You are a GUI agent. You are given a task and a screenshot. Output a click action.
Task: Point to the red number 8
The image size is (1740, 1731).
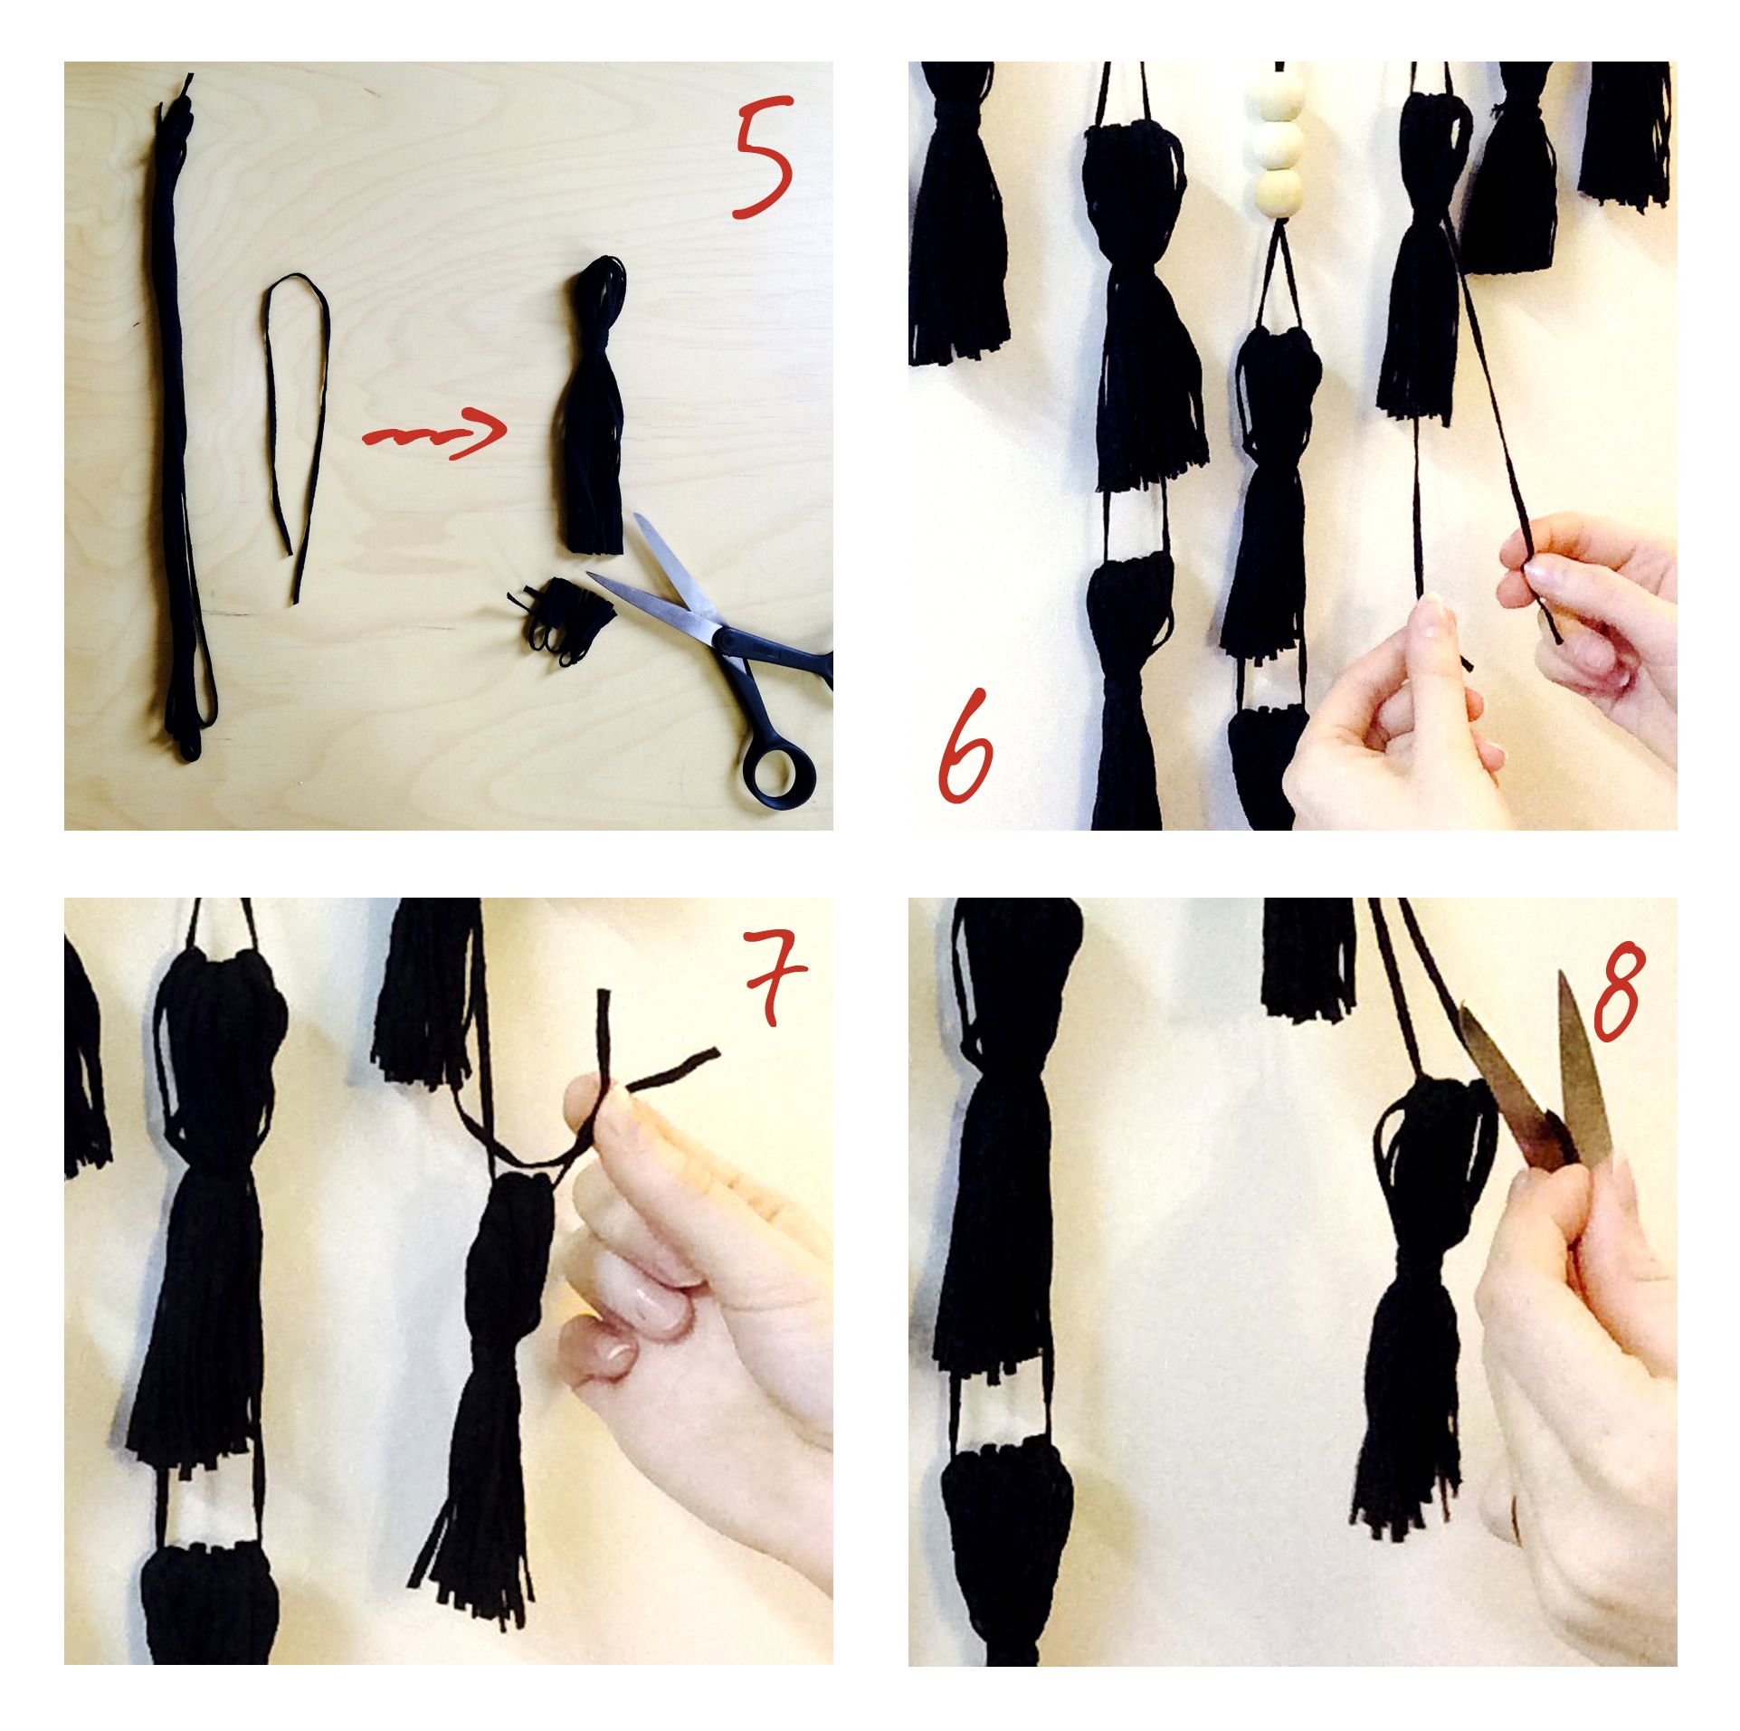1616,994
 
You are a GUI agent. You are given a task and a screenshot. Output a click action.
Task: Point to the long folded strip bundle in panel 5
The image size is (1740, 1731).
183,416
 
